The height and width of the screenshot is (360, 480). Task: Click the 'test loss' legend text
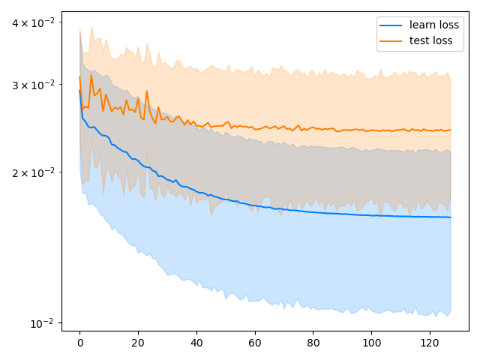pyautogui.click(x=431, y=40)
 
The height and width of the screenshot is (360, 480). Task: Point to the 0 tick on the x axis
pyautogui.click(x=79, y=342)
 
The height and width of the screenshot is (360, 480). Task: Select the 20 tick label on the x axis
pyautogui.click(x=138, y=342)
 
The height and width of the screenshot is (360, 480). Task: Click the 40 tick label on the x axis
pyautogui.click(x=196, y=342)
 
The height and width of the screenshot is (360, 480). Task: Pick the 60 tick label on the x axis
pyautogui.click(x=255, y=342)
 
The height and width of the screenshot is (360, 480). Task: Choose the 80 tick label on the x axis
pyautogui.click(x=313, y=342)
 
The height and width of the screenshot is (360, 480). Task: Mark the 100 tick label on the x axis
pyautogui.click(x=371, y=342)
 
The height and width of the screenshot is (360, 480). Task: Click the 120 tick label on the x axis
pyautogui.click(x=430, y=342)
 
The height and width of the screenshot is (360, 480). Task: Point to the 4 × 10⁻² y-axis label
pyautogui.click(x=33, y=22)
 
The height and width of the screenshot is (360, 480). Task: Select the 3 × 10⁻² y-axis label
pyautogui.click(x=33, y=85)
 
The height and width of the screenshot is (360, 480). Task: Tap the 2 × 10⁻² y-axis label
pyautogui.click(x=33, y=172)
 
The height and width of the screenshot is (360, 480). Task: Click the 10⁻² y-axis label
pyautogui.click(x=42, y=323)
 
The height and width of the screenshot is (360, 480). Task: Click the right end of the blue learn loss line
pyautogui.click(x=450, y=217)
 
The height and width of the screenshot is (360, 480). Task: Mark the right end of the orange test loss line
pyautogui.click(x=450, y=130)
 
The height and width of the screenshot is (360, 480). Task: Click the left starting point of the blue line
pyautogui.click(x=79, y=91)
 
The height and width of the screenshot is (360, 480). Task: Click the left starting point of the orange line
pyautogui.click(x=79, y=77)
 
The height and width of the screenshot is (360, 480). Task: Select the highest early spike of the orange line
pyautogui.click(x=91, y=75)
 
